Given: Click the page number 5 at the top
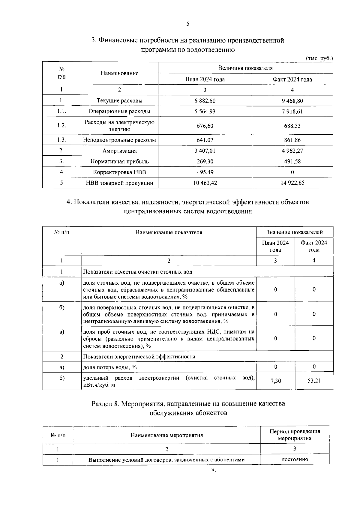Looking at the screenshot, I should [x=187, y=24].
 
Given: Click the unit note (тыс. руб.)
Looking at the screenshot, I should [x=319, y=58].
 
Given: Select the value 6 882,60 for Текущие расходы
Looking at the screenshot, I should [x=205, y=101].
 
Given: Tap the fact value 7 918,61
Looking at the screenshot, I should [x=292, y=112].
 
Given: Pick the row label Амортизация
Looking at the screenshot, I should [x=119, y=151].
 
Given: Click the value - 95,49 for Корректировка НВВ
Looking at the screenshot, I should [x=205, y=172].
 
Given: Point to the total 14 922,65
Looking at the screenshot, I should [x=292, y=183].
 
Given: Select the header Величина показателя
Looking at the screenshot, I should [x=245, y=68].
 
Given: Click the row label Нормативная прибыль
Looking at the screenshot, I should [x=119, y=162].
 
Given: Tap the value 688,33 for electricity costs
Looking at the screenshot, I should [x=292, y=126].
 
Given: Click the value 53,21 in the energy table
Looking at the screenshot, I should [x=314, y=381].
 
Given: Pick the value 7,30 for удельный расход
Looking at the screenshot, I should [x=275, y=381].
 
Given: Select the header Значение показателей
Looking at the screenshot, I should [x=295, y=232].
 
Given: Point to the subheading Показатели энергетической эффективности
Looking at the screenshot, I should [x=139, y=357].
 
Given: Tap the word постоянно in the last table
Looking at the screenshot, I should [x=295, y=460].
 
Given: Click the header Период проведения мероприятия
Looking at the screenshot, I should [x=295, y=435].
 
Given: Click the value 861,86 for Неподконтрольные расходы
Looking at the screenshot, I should [x=292, y=140].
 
